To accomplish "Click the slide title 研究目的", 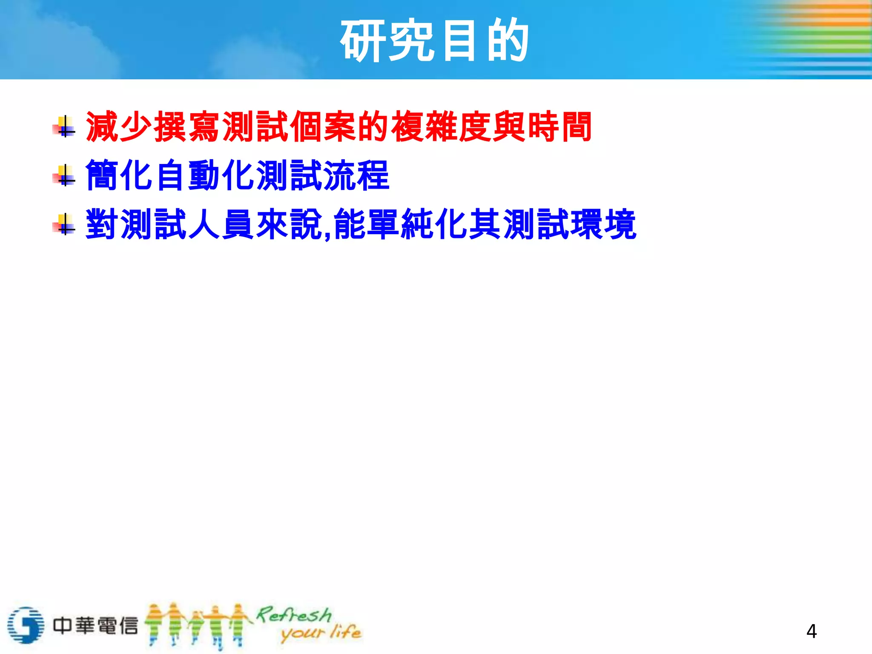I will [x=434, y=40].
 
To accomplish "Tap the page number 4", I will [x=811, y=631].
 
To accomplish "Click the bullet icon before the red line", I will [x=64, y=127].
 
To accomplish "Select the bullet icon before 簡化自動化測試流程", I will [x=64, y=175].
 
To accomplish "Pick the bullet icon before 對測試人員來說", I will [x=64, y=224].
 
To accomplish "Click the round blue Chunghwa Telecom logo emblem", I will [x=26, y=625].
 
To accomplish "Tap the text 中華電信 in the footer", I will [x=95, y=625].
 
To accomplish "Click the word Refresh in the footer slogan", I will [x=294, y=615].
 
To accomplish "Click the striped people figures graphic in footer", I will [x=196, y=625].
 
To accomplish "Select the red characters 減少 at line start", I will [x=119, y=126].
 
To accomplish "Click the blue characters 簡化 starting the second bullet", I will [x=119, y=175].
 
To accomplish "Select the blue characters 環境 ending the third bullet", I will [x=603, y=224].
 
